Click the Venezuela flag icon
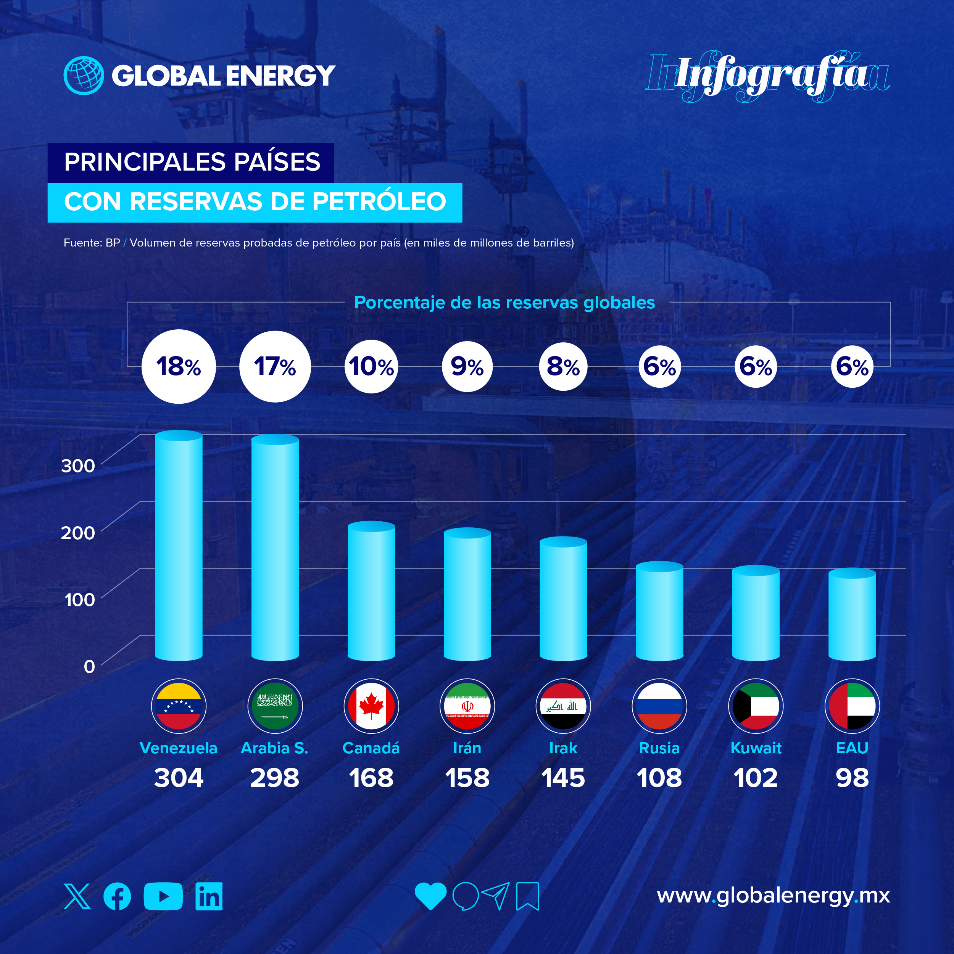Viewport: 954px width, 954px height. [179, 706]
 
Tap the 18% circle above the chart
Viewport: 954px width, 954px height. [179, 366]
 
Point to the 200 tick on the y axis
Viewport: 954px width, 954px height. [77, 533]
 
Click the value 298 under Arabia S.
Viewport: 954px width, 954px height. [274, 778]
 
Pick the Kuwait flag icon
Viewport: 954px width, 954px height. [756, 706]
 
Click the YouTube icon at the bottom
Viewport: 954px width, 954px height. [163, 896]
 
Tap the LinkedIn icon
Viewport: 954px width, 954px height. [209, 896]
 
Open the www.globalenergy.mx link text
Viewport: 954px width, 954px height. [773, 895]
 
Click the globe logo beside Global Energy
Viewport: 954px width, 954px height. [84, 75]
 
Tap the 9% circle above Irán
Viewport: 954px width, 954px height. [467, 366]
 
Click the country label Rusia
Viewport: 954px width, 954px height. [659, 748]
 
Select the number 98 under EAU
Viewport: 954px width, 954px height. [852, 778]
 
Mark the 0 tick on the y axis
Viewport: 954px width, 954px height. [89, 667]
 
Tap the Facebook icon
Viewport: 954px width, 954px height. [118, 896]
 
